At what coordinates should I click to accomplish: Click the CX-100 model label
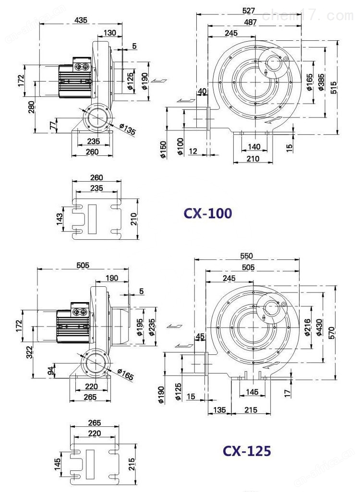pos(208,213)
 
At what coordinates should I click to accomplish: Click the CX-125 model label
pos(247,451)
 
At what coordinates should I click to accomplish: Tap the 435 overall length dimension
pos(81,20)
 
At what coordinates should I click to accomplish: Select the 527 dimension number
pos(249,11)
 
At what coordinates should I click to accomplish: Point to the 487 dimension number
pos(250,22)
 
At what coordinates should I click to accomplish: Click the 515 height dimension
pos(334,88)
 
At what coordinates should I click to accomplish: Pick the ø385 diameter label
pos(321,82)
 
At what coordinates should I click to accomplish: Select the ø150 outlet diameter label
pos(163,150)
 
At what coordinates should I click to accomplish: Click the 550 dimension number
pos(247,256)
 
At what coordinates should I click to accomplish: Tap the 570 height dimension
pos(332,333)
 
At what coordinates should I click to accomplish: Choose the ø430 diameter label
pos(320,328)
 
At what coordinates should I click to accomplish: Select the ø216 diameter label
pos(307,327)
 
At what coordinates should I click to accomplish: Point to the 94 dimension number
pos(51,371)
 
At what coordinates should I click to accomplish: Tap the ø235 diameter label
pos(151,327)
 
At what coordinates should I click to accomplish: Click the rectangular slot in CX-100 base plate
pos(92,219)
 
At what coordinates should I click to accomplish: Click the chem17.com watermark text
pos(308,15)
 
